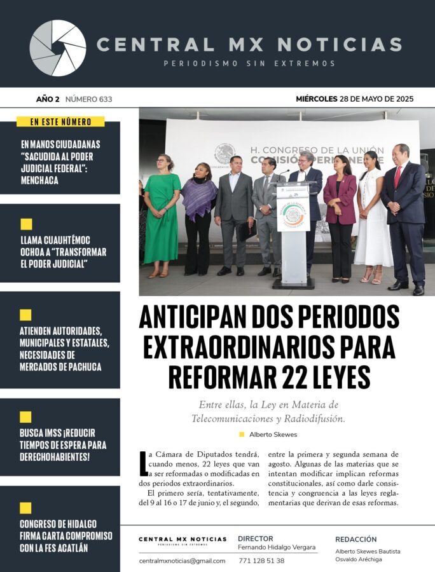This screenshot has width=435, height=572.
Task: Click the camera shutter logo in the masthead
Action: tap(58, 48)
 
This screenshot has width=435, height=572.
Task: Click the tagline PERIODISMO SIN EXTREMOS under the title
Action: tap(249, 64)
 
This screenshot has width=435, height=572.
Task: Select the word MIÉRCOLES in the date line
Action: tap(317, 99)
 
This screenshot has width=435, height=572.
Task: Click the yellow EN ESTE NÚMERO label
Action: tap(60, 121)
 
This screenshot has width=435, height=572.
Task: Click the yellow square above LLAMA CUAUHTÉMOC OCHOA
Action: tap(26, 224)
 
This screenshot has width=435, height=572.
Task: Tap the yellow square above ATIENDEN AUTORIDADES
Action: tap(26, 315)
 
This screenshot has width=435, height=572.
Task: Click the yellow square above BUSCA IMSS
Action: tap(26, 417)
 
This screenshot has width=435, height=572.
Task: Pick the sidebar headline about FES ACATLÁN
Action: tap(66, 536)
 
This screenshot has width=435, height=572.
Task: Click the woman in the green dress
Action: tap(162, 216)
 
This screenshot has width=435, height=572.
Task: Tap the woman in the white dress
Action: tap(373, 216)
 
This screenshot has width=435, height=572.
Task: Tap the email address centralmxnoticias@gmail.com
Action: tap(182, 561)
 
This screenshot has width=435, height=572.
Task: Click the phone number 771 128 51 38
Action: tap(261, 561)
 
